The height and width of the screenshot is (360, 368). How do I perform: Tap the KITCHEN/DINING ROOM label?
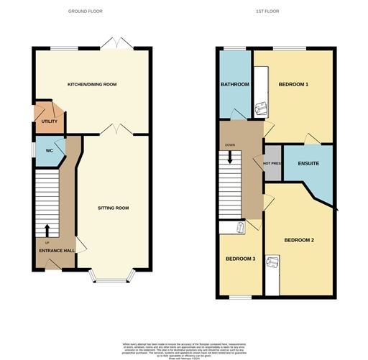coord(92,85)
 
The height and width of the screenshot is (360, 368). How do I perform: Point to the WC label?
coord(50,151)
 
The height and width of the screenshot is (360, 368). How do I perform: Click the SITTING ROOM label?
coord(113,208)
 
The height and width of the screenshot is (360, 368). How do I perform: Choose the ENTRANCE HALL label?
coord(57,251)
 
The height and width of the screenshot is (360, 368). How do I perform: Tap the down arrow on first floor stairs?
coord(230,158)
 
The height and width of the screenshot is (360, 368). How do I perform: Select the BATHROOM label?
coord(234,85)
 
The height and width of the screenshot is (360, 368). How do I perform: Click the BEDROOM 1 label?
coord(293,85)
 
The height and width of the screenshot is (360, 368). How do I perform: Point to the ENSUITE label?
coord(308,164)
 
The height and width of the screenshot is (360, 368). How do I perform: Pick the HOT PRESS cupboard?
coord(272,162)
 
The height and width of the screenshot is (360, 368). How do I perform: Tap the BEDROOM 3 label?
coord(240,259)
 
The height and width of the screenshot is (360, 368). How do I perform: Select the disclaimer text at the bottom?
coord(184,348)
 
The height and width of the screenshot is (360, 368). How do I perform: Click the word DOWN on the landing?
coord(230,145)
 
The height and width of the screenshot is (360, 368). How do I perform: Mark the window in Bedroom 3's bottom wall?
coord(240,297)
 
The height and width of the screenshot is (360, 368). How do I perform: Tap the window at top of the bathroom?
coord(234,49)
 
